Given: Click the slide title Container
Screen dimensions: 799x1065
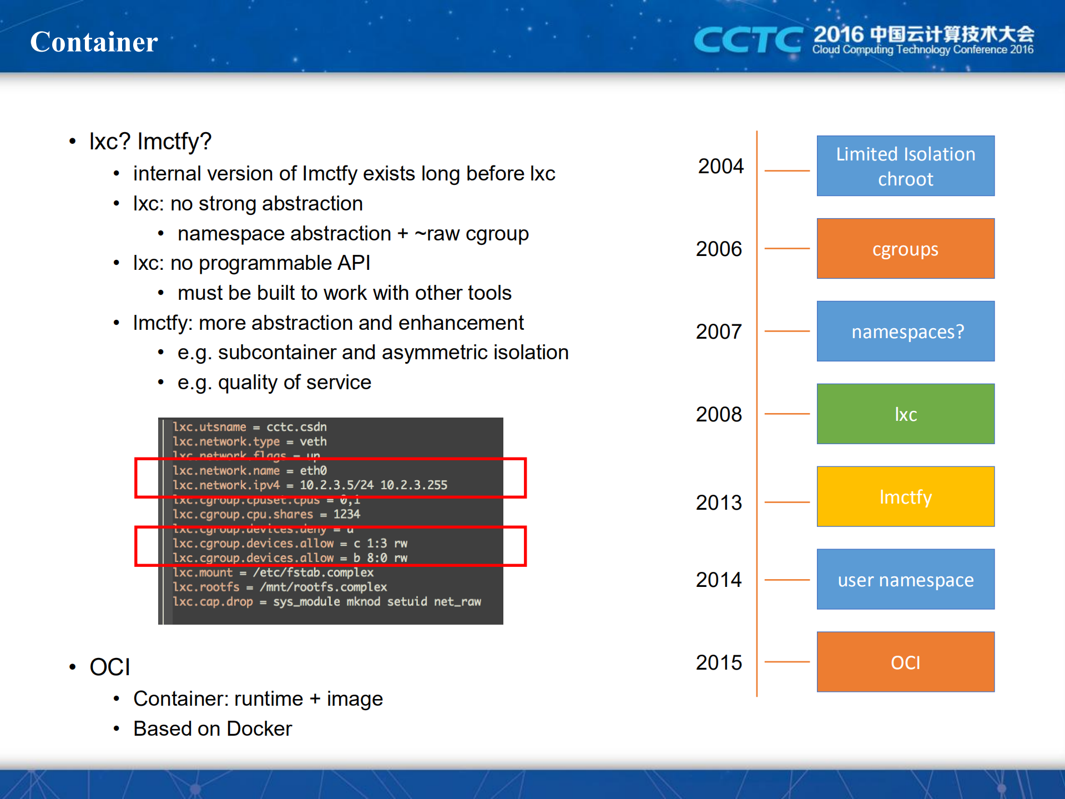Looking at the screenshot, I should pos(94,42).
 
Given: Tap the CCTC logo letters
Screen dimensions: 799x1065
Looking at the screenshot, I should pos(747,40).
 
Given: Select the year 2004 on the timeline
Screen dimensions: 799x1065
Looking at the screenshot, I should pos(720,166).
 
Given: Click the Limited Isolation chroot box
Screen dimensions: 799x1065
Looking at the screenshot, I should pos(905,166).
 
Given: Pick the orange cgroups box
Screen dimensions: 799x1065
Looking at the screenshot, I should pos(905,249).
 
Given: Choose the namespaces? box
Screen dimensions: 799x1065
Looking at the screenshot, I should pos(905,331).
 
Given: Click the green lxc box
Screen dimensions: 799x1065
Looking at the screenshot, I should pos(905,414).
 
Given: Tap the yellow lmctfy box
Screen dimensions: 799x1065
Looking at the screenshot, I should pos(905,497).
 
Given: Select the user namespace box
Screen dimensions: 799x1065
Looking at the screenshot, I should pos(905,580).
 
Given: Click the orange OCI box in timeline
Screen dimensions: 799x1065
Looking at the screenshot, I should pos(905,662).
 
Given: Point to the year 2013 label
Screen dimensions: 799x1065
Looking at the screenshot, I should pos(719,502).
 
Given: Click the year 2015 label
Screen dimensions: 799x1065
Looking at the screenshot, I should pos(719,662).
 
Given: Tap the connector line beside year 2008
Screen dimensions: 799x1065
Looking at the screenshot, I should pos(787,414).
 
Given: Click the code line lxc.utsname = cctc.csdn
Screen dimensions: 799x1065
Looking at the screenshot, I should pos(250,427).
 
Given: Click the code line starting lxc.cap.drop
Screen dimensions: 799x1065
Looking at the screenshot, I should pos(326,602).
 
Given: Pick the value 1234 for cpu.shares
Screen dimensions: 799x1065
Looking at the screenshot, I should pos(347,515).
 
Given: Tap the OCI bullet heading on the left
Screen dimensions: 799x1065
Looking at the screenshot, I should pos(110,667).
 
